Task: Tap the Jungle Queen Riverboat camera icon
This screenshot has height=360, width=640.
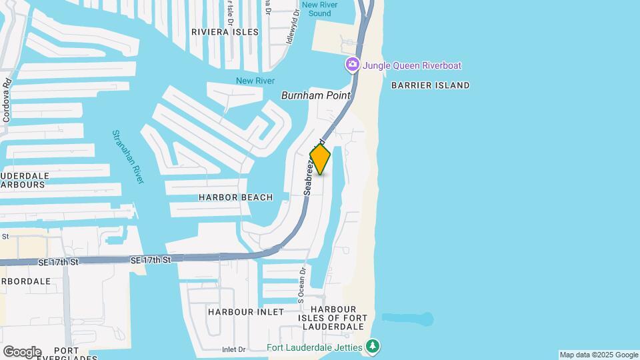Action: (x=352, y=65)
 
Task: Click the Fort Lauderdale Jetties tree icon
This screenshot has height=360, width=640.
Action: (x=373, y=347)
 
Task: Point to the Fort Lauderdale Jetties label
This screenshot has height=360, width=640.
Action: (x=315, y=347)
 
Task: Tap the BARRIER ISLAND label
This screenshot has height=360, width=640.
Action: (x=430, y=85)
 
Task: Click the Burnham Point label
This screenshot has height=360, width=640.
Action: (x=316, y=95)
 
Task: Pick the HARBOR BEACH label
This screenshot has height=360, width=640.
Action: (x=236, y=197)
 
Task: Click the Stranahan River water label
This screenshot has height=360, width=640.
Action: (x=128, y=157)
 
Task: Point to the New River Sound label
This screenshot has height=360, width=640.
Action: (x=316, y=9)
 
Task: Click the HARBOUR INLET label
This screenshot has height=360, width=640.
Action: (x=245, y=311)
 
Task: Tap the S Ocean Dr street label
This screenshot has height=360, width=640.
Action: (x=301, y=285)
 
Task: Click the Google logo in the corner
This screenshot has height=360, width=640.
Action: (x=22, y=351)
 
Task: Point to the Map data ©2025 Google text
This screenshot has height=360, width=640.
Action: (x=599, y=355)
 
